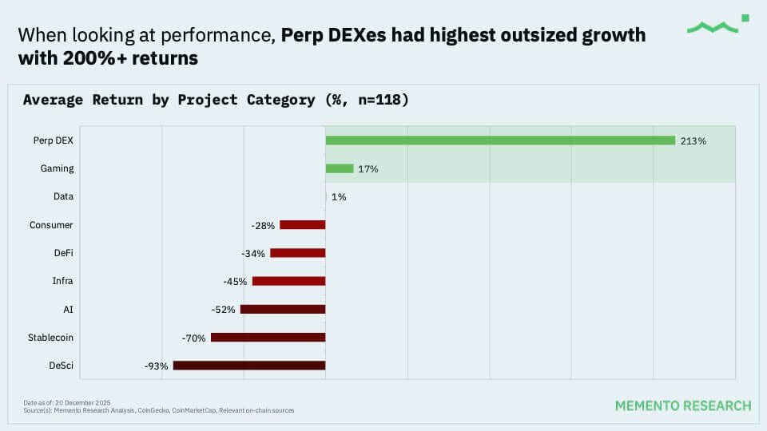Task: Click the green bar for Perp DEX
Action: tap(500, 140)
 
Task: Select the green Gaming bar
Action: tap(340, 168)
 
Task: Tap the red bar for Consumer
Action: tap(302, 225)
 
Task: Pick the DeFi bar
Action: tap(297, 253)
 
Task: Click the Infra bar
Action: tap(288, 281)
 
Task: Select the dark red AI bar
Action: tap(283, 309)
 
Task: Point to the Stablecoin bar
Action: tap(268, 338)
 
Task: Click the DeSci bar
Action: tap(249, 366)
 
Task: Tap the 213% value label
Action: tap(693, 141)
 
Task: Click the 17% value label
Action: tap(368, 169)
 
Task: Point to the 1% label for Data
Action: tap(339, 197)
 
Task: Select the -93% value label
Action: tap(156, 366)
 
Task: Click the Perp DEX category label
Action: tap(54, 140)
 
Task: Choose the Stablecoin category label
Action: tap(50, 338)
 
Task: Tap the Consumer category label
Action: tap(51, 225)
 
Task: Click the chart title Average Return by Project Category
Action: tap(216, 100)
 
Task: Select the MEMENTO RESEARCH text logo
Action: tap(682, 405)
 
